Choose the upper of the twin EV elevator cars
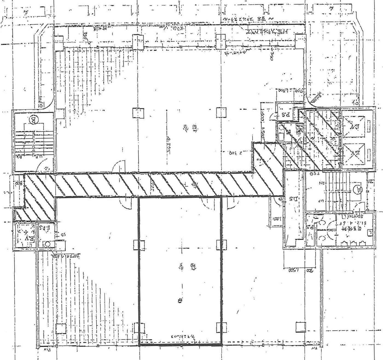(355, 127)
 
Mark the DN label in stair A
(321, 182)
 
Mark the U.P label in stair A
(321, 200)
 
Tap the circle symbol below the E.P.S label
(48, 243)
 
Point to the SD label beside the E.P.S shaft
(62, 234)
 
